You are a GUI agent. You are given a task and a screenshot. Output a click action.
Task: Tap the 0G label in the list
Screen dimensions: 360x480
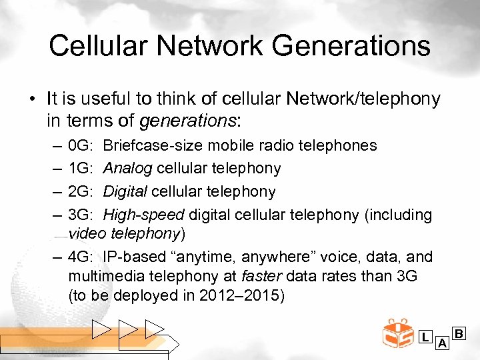pos(79,145)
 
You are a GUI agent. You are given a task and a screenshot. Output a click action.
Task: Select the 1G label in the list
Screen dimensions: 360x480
pos(79,169)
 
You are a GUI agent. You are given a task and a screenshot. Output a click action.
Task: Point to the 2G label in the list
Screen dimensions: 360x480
pos(79,192)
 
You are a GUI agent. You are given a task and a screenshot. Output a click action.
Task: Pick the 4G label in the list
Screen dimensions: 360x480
pos(79,257)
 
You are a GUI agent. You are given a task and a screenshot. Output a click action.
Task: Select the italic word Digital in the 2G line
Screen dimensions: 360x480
pos(125,192)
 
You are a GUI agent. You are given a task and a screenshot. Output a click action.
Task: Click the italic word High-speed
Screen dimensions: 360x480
pos(143,215)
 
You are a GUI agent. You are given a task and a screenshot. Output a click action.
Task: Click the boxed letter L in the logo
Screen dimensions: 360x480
pos(425,337)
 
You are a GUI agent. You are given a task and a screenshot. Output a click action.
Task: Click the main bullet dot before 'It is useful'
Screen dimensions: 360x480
pos(33,100)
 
